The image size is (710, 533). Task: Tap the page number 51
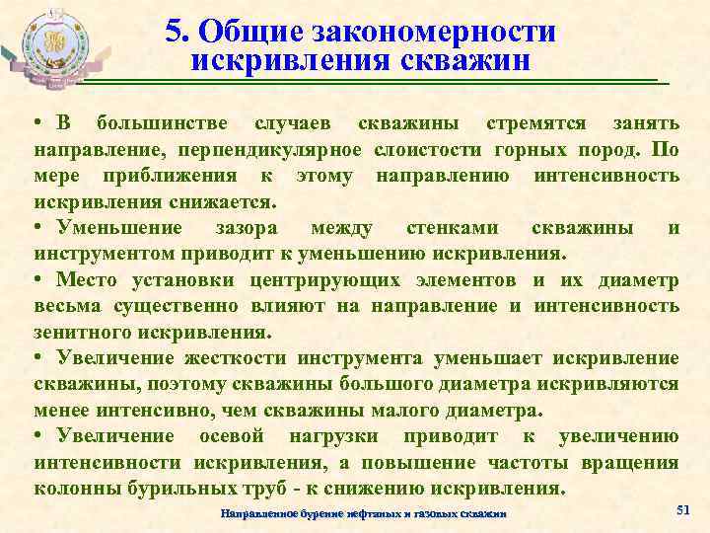click(683, 508)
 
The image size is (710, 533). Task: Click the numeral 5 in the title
click(174, 32)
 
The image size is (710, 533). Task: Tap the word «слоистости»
click(430, 150)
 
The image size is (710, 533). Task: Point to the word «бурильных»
click(164, 488)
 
